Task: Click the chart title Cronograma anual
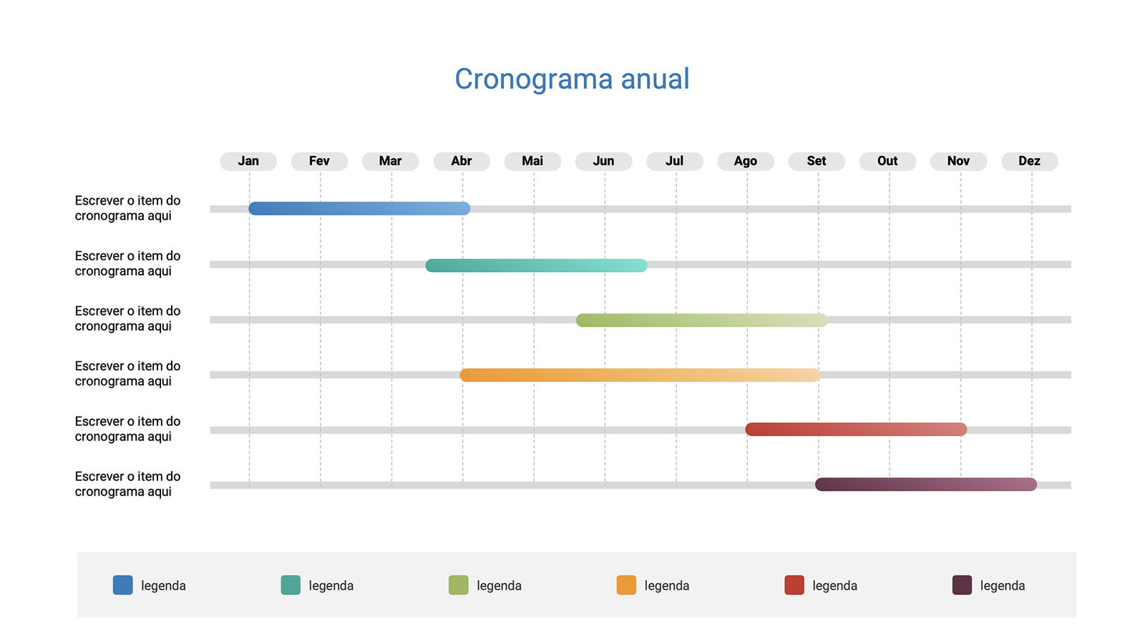(x=572, y=79)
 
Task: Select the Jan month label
(x=248, y=161)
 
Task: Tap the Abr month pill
(x=462, y=161)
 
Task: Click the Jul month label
(x=674, y=161)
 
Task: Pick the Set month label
(x=817, y=161)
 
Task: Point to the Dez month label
(x=1029, y=161)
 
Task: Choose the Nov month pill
(x=958, y=161)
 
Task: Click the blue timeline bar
(x=359, y=209)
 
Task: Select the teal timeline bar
(x=536, y=265)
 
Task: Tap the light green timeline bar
(x=701, y=320)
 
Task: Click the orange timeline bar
(x=639, y=375)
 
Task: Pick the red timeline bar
(x=856, y=429)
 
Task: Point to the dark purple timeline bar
(x=925, y=484)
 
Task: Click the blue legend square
(x=123, y=585)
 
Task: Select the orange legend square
(x=626, y=585)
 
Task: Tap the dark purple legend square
(x=962, y=585)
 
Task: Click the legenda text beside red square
(x=834, y=585)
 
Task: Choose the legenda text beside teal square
(x=331, y=585)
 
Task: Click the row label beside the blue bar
(x=127, y=208)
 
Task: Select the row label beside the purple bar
(x=127, y=484)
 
